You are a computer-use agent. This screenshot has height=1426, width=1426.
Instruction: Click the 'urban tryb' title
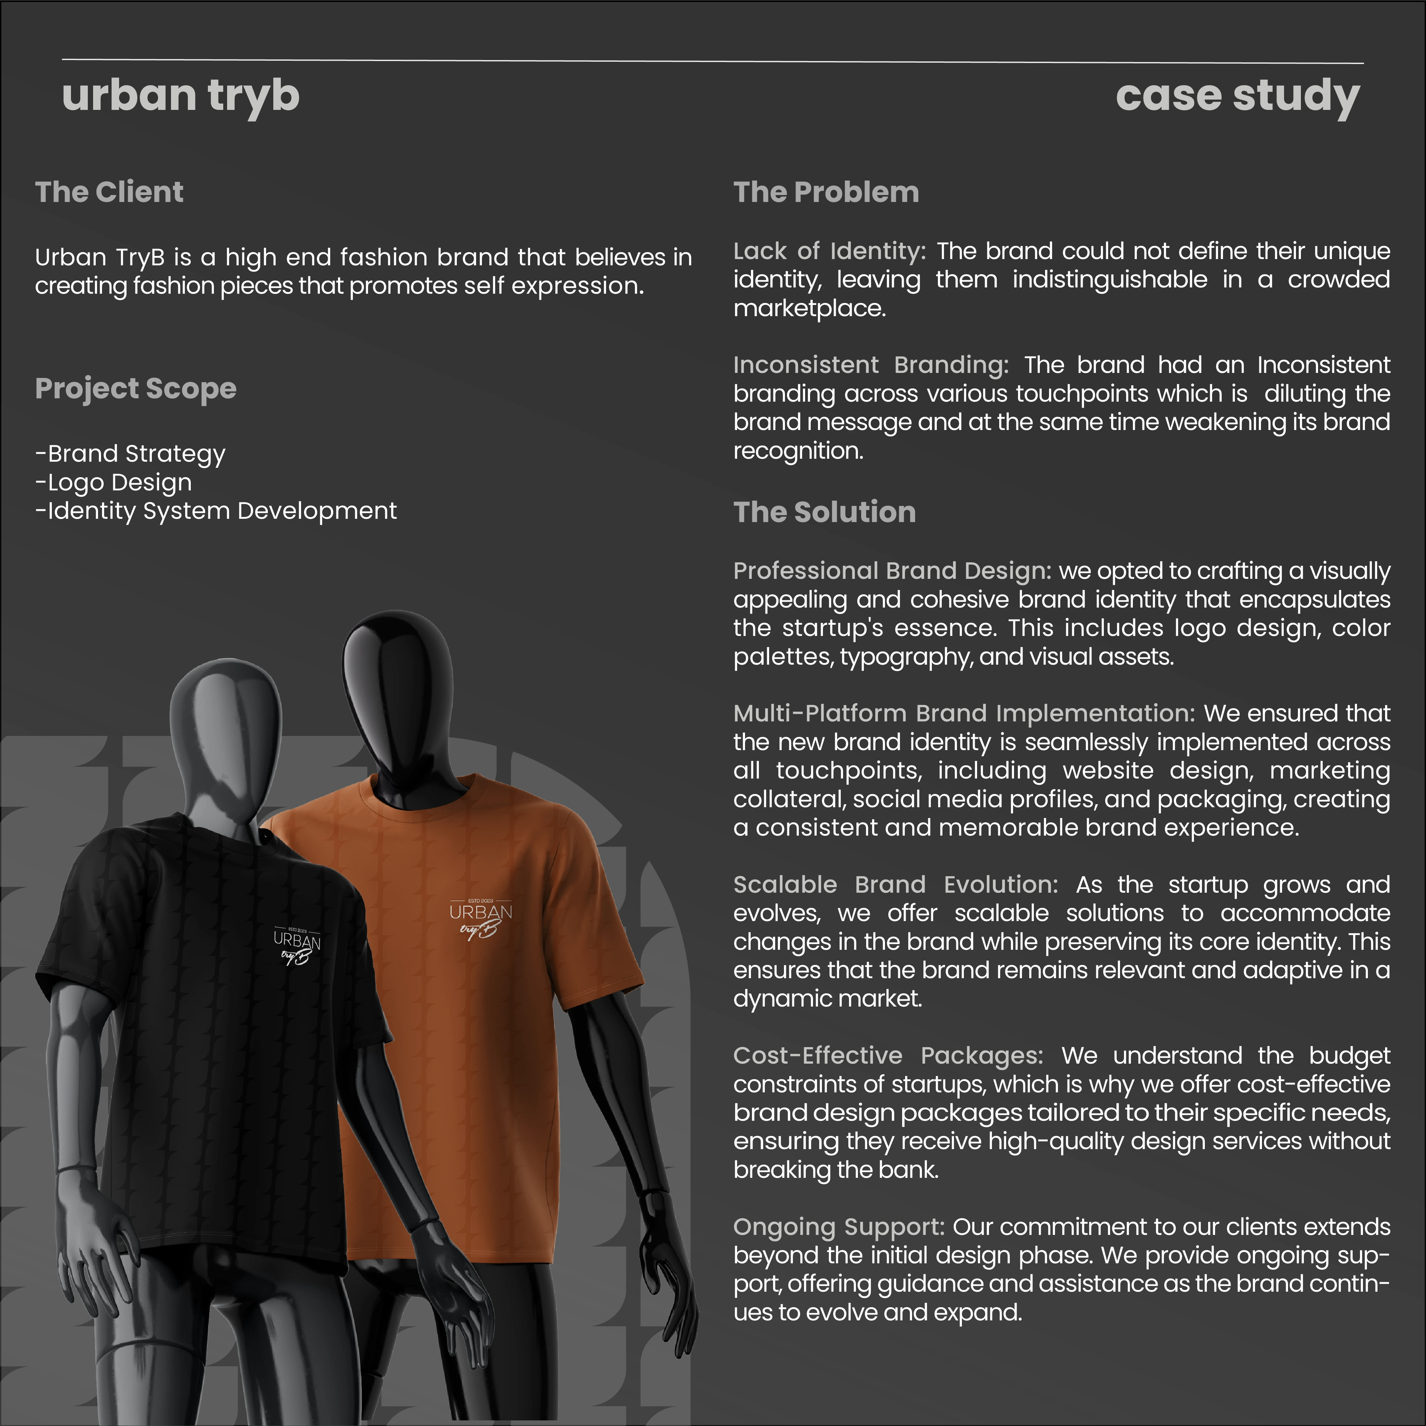click(181, 96)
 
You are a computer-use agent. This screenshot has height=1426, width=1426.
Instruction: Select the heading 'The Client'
click(109, 192)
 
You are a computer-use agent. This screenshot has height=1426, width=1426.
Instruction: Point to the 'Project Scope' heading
click(136, 388)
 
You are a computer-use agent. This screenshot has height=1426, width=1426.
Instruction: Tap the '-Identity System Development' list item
click(216, 511)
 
